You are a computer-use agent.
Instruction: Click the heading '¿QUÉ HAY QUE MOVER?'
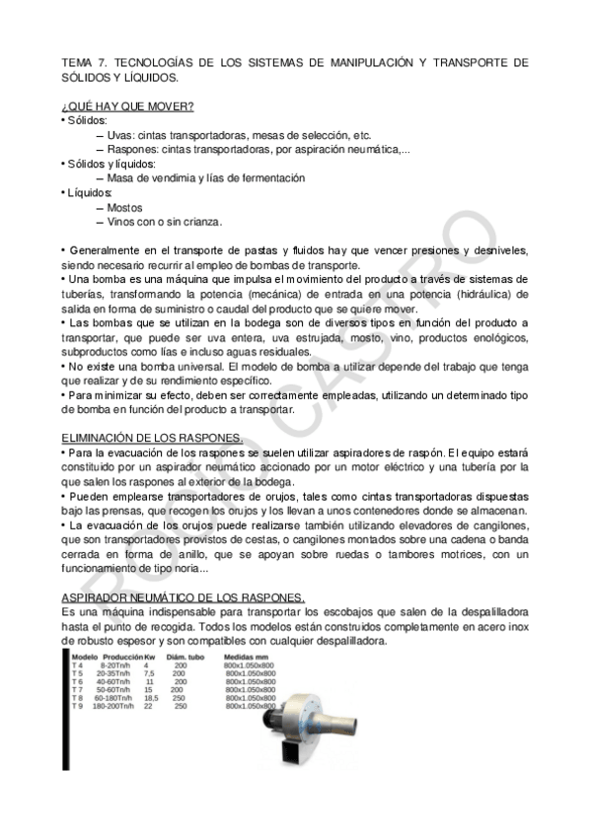pyautogui.click(x=127, y=105)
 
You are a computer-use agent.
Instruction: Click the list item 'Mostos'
pyautogui.click(x=124, y=208)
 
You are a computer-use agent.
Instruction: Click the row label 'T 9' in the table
pyautogui.click(x=77, y=706)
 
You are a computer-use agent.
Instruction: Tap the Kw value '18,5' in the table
pyautogui.click(x=151, y=698)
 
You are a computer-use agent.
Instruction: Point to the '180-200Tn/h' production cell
pyautogui.click(x=113, y=706)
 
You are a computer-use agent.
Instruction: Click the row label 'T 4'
pyautogui.click(x=77, y=665)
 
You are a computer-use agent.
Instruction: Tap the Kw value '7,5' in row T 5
pyautogui.click(x=149, y=673)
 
